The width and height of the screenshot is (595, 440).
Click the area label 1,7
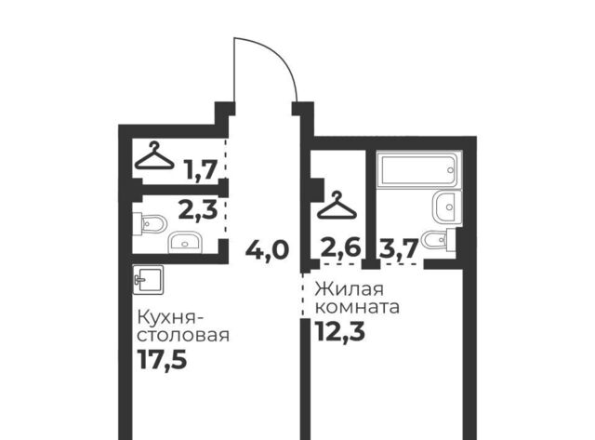click(201, 169)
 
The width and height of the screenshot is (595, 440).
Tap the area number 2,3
click(198, 210)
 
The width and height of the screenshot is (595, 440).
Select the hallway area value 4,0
click(267, 250)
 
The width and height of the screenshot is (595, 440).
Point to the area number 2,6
click(340, 248)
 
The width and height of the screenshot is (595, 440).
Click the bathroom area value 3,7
click(398, 248)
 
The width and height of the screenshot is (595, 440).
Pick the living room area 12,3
click(339, 331)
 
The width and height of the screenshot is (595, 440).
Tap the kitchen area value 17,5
click(162, 359)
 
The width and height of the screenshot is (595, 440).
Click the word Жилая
click(350, 289)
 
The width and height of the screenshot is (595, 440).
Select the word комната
click(357, 307)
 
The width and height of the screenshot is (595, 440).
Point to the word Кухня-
click(166, 318)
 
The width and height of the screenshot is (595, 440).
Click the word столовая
click(183, 336)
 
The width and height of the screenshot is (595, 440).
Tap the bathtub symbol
click(419, 169)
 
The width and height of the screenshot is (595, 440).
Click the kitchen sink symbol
click(148, 280)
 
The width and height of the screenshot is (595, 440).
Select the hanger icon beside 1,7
click(155, 155)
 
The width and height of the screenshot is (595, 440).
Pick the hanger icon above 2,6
click(337, 206)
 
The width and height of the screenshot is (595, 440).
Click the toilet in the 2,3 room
click(150, 224)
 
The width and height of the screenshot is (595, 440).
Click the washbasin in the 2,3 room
click(184, 243)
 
